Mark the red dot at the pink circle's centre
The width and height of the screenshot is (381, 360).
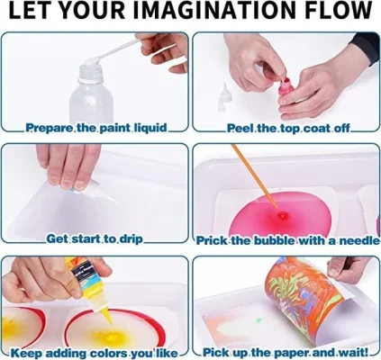[x=282, y=215]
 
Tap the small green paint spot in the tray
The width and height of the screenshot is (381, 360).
[x=259, y=320]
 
